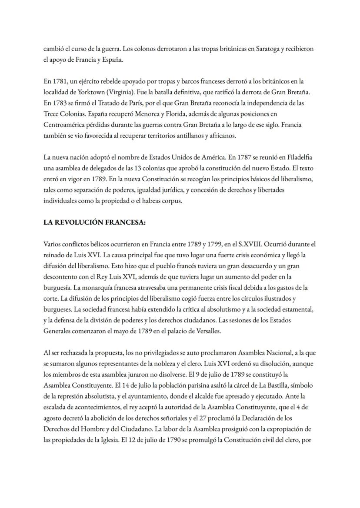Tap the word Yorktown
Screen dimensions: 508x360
point(87,93)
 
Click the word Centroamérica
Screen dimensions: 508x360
point(65,125)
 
